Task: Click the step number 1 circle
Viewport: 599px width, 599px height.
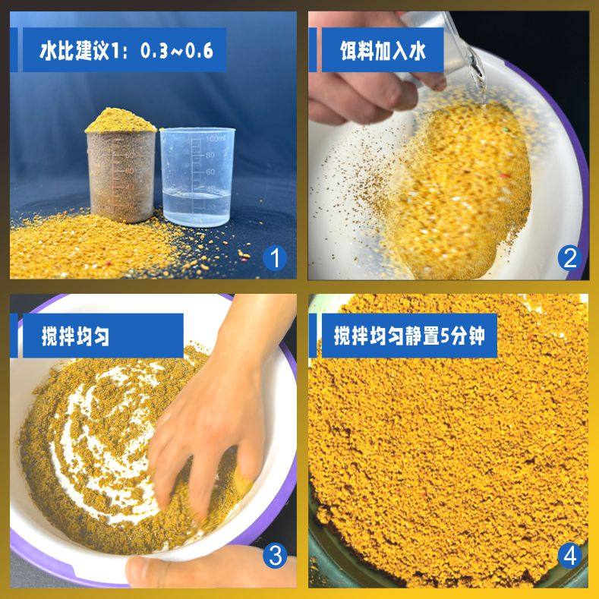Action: pos(274,259)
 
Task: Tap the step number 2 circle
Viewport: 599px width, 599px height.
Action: pos(569,259)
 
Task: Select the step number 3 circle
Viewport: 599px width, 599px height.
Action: pos(274,558)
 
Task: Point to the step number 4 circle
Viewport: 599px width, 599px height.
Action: pos(569,558)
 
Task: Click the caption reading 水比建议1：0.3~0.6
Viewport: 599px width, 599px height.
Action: pos(126,52)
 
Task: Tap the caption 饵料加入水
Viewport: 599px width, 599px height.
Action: pos(383,52)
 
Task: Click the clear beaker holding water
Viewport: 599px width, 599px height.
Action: pos(196,178)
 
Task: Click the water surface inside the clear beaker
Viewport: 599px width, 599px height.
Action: pos(195,194)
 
